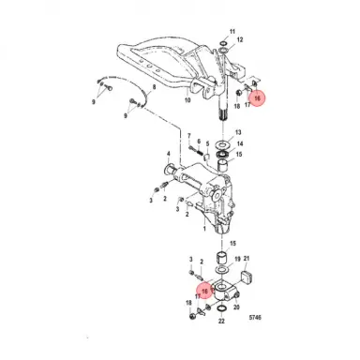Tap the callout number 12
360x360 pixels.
240,41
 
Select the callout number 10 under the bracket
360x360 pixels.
188,99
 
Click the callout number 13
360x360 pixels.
238,132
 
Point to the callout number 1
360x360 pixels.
203,226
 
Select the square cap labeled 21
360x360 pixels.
249,275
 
